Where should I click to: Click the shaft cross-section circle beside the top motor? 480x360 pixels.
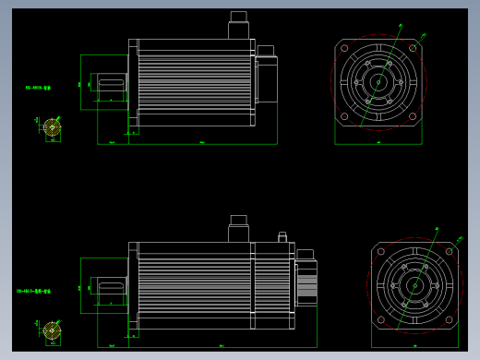pos(53,126)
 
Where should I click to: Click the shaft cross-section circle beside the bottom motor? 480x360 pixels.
pos(53,330)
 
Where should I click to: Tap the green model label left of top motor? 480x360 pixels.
pos(38,88)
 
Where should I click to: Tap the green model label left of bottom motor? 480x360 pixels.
pos(33,291)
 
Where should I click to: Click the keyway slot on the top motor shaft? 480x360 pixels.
pos(111,84)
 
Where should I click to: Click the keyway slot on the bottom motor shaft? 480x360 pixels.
pos(111,287)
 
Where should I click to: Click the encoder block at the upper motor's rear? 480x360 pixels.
pos(266,78)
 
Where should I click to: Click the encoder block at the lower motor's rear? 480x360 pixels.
pos(306,282)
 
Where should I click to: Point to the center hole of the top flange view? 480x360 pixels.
pos(378,82)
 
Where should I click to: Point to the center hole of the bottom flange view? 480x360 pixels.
pos(414,285)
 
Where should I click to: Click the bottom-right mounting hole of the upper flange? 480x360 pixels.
pos(412,116)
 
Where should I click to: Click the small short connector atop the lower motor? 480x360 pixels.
pos(282,237)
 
